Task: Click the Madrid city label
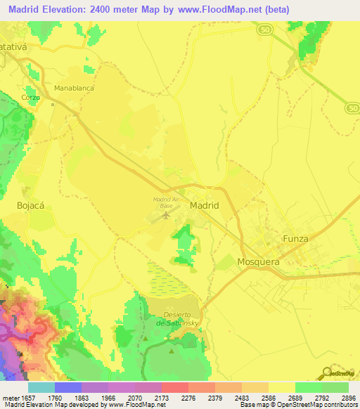205,205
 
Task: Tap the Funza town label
295,239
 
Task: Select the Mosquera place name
259,261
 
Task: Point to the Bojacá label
30,206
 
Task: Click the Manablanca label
74,89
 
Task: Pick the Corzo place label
30,98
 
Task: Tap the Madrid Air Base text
168,202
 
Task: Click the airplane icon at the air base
166,214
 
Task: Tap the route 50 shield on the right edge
352,107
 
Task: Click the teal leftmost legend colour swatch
41,387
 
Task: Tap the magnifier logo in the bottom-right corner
328,372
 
